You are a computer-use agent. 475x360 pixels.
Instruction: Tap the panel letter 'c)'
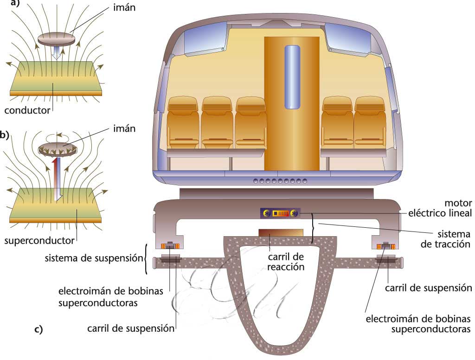pos(39,330)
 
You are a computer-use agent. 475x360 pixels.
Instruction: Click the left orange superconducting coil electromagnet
pos(170,246)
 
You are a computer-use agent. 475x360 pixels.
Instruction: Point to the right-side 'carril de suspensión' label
pos(428,288)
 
